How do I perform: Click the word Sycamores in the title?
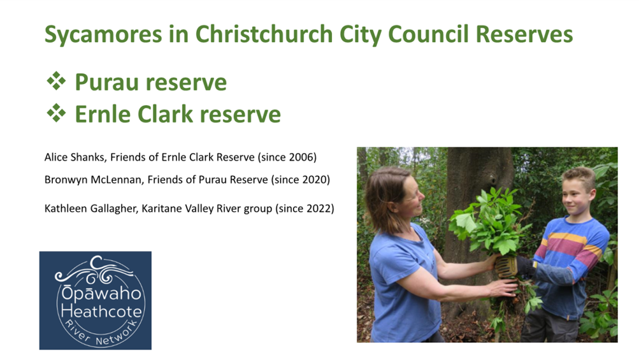click(x=103, y=34)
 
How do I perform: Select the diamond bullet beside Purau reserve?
click(x=56, y=81)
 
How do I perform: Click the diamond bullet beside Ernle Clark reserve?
click(x=56, y=113)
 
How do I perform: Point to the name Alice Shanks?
click(x=74, y=157)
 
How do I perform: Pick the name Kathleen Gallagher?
click(x=90, y=209)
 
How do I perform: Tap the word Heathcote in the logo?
click(x=101, y=312)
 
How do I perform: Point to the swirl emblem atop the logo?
click(x=94, y=269)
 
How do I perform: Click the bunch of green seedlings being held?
click(x=490, y=224)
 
